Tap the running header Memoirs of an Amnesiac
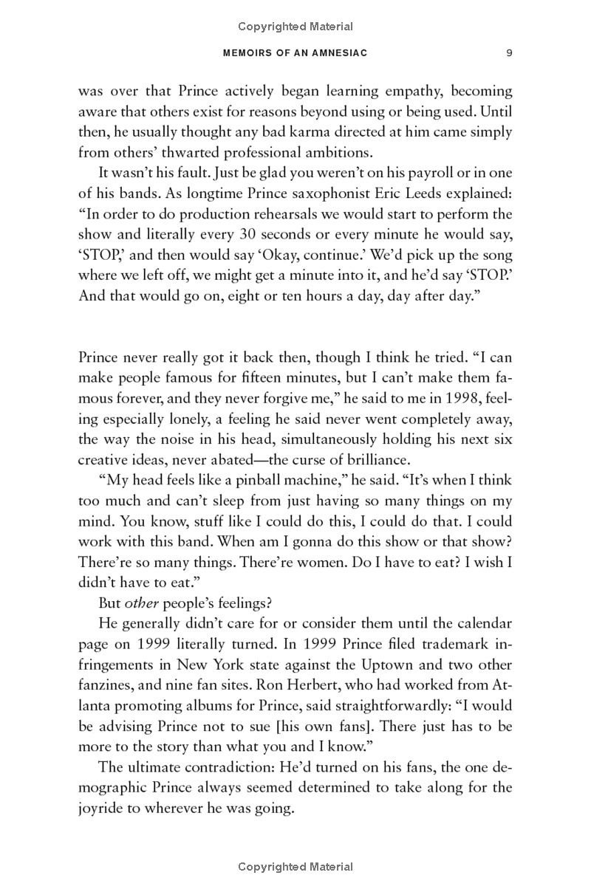pyautogui.click(x=295, y=53)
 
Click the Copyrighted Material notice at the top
pyautogui.click(x=295, y=27)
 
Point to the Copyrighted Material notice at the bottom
pyautogui.click(x=295, y=867)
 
